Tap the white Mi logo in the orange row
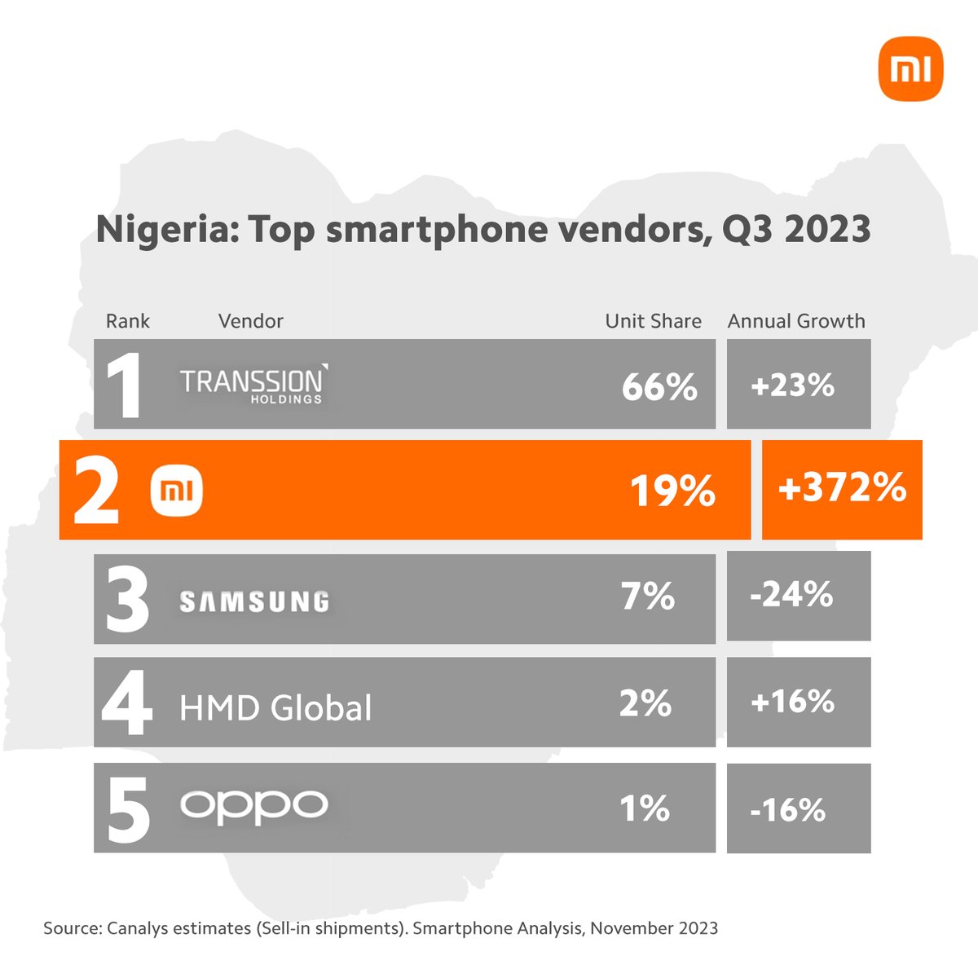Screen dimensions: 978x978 pyautogui.click(x=177, y=491)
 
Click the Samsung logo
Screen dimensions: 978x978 pyautogui.click(x=254, y=601)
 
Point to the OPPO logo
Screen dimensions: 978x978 pyautogui.click(x=253, y=805)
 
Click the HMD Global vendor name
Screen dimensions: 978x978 pyautogui.click(x=275, y=707)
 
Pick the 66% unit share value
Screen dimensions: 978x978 pyautogui.click(x=659, y=386)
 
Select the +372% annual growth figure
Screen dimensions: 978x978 pyautogui.click(x=842, y=487)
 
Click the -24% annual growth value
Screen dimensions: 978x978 pyautogui.click(x=791, y=595)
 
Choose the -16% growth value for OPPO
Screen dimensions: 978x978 pyautogui.click(x=788, y=810)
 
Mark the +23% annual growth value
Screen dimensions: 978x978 pyautogui.click(x=792, y=385)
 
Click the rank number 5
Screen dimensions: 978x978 pyautogui.click(x=128, y=809)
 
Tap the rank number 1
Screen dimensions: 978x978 pyautogui.click(x=124, y=385)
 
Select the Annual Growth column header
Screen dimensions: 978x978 pyautogui.click(x=796, y=321)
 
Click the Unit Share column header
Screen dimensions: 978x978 pyautogui.click(x=653, y=321)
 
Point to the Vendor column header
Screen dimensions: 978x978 pyautogui.click(x=250, y=321)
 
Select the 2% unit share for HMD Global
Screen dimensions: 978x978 pyautogui.click(x=645, y=703)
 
